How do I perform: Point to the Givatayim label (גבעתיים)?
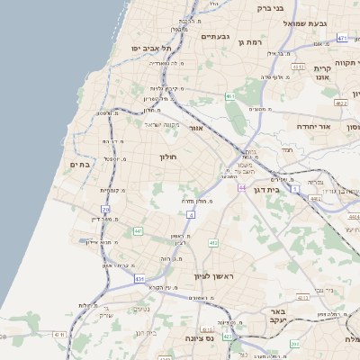tap(216, 37)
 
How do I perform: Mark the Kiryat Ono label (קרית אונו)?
tap(324, 73)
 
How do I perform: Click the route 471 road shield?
tap(342, 39)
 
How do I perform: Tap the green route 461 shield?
tap(230, 95)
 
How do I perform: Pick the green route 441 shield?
tap(138, 231)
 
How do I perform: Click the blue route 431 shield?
tap(139, 279)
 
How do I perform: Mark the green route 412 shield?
tap(213, 243)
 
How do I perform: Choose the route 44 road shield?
tap(242, 187)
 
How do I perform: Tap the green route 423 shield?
tap(228, 337)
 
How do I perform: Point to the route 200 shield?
tap(294, 344)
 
